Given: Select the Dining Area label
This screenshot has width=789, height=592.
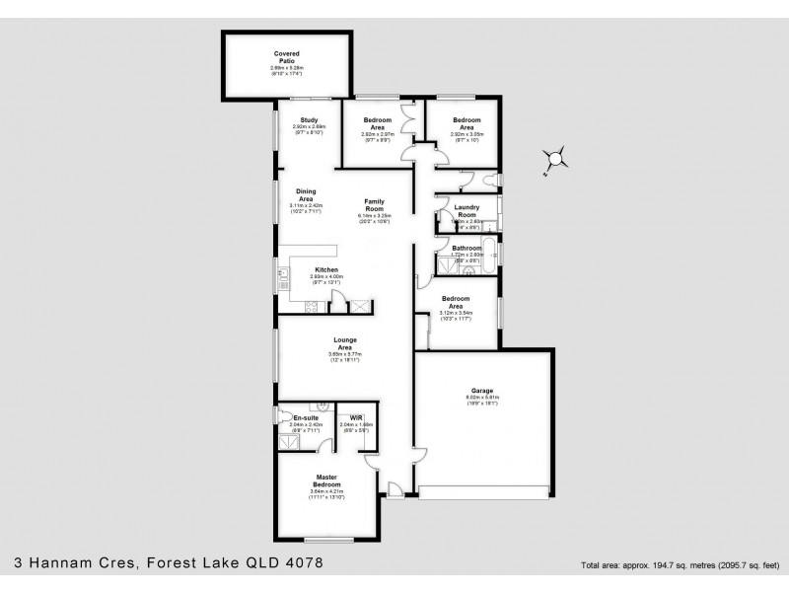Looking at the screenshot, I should click(x=306, y=194).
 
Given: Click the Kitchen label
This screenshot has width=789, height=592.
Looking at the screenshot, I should click(x=327, y=269).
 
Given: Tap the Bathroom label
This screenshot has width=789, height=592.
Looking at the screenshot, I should click(x=466, y=248).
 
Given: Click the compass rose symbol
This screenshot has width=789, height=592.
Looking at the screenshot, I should click(x=555, y=158).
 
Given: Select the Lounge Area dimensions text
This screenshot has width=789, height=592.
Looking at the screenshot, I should click(x=344, y=355).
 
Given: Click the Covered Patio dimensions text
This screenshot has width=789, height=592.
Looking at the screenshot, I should click(x=287, y=69).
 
